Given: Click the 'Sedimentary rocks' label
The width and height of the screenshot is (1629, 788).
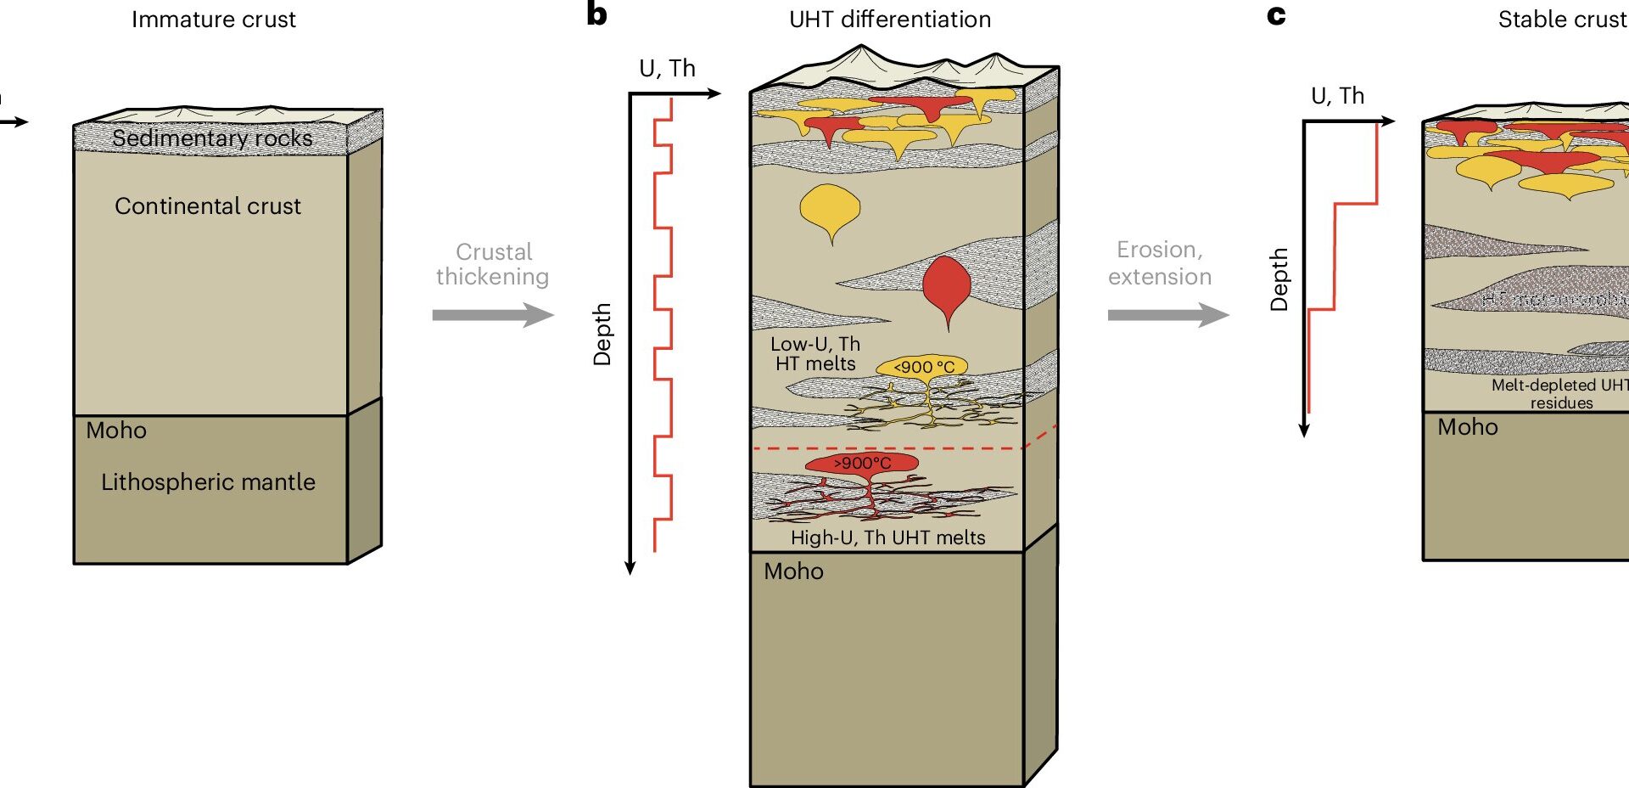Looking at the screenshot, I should pyautogui.click(x=212, y=138).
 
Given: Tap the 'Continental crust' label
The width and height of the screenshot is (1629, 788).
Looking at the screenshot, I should pyautogui.click(x=208, y=206).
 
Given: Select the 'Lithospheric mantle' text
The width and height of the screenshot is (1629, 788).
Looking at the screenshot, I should pyautogui.click(x=208, y=482).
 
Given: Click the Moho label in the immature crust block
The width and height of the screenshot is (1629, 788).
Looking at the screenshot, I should pyautogui.click(x=116, y=431).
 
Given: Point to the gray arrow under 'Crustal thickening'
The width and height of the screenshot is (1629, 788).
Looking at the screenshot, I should pyautogui.click(x=492, y=315).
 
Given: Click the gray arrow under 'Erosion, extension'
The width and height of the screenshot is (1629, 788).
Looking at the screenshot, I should pyautogui.click(x=1167, y=315).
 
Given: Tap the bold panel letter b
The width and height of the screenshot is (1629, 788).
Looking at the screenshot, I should pyautogui.click(x=596, y=14).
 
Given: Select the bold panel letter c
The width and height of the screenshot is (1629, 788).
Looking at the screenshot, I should pyautogui.click(x=1276, y=15).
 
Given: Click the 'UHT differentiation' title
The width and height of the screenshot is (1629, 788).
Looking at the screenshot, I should pyautogui.click(x=890, y=20).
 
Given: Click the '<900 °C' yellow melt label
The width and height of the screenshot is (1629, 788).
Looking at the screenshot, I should pyautogui.click(x=923, y=367).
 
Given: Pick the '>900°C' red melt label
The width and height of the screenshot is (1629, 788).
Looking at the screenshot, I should pyautogui.click(x=862, y=463).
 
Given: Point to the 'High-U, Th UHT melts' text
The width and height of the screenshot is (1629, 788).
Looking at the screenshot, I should pyautogui.click(x=887, y=538).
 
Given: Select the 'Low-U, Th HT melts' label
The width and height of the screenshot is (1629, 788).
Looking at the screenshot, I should pyautogui.click(x=815, y=354).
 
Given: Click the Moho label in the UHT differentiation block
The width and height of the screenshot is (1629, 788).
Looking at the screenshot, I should pyautogui.click(x=793, y=571).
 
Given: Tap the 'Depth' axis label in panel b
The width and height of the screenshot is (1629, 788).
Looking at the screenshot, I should pyautogui.click(x=602, y=335).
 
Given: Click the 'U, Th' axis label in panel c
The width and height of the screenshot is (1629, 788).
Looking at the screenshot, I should pyautogui.click(x=1337, y=96).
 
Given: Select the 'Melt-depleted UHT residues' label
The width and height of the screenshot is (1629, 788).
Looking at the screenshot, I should pyautogui.click(x=1559, y=394).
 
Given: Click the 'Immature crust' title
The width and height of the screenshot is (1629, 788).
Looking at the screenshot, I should pyautogui.click(x=214, y=20).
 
